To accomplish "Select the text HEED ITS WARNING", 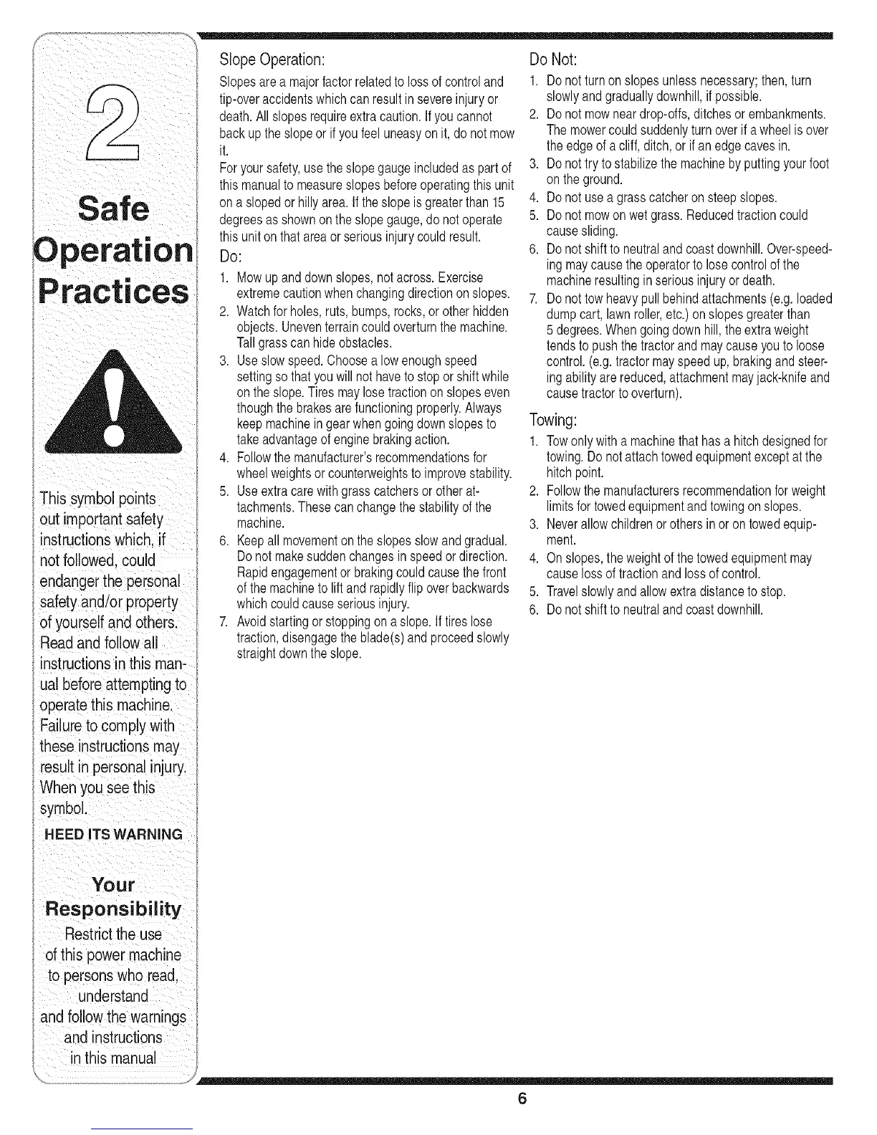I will (x=113, y=835).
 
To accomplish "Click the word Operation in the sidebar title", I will (x=113, y=251).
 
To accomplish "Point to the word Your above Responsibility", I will (x=113, y=885).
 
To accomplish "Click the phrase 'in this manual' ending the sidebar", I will (x=113, y=1058).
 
